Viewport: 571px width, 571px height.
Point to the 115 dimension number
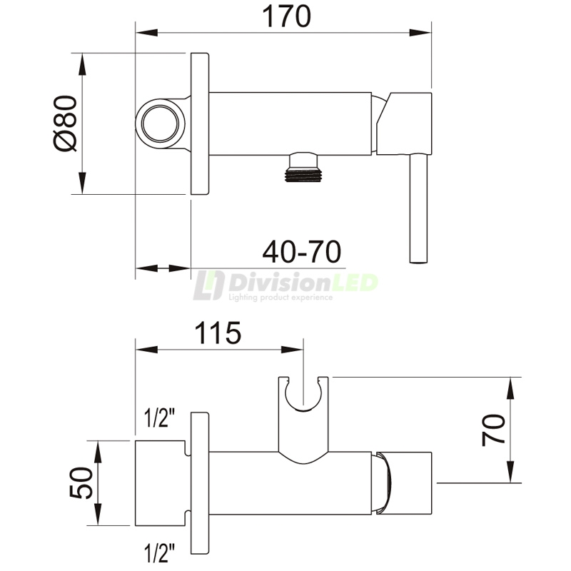[x=217, y=333]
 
